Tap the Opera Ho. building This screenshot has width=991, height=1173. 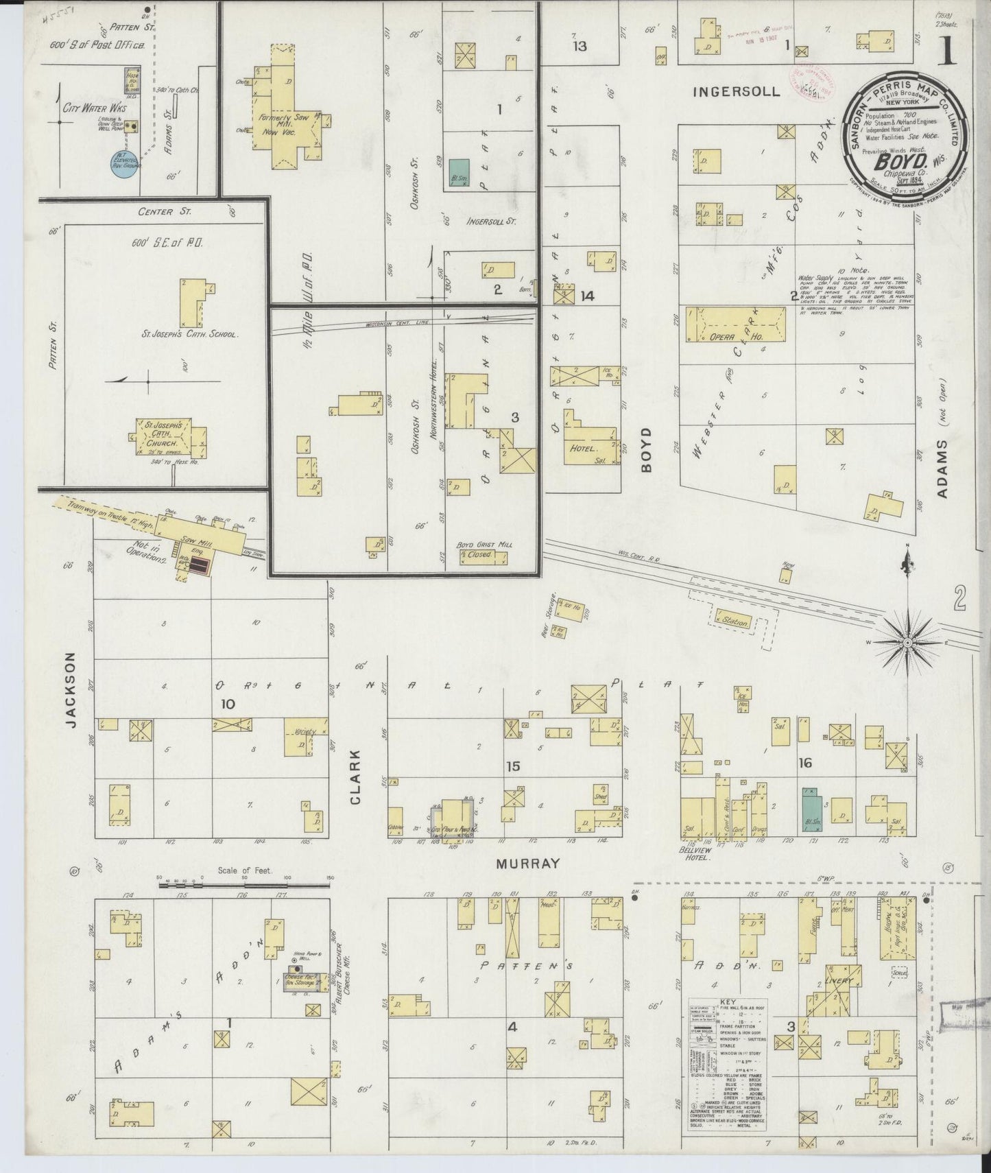[735, 325]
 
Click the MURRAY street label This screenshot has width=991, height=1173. [528, 864]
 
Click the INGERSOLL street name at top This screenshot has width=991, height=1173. [735, 91]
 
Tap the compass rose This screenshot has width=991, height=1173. [907, 641]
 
